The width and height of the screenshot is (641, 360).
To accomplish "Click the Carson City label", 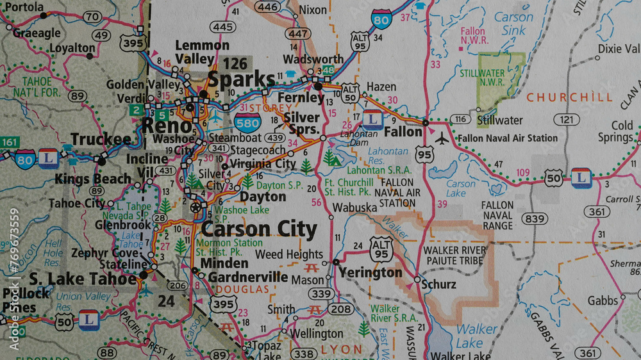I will [259, 229].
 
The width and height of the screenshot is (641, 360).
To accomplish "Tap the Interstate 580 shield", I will [252, 122].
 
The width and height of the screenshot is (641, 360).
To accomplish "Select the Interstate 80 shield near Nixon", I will [382, 19].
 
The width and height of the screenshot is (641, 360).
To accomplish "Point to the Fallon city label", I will [403, 132].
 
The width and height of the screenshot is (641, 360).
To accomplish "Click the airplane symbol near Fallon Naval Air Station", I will [442, 138].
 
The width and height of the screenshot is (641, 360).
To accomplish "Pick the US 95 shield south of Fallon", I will [424, 154].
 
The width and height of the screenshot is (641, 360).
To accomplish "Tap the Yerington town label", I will [370, 272].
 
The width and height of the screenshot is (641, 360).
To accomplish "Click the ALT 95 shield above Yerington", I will [381, 248].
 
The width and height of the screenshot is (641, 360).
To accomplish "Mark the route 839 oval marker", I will [533, 219].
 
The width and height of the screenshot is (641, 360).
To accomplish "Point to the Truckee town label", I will [101, 139].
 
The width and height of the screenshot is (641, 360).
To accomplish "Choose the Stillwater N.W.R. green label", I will [482, 78].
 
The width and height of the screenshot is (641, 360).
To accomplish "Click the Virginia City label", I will [263, 164].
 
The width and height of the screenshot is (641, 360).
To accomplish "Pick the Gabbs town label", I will [603, 300].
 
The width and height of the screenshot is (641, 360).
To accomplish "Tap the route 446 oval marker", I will [268, 7].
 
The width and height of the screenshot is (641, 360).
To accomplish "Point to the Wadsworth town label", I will [313, 59].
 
